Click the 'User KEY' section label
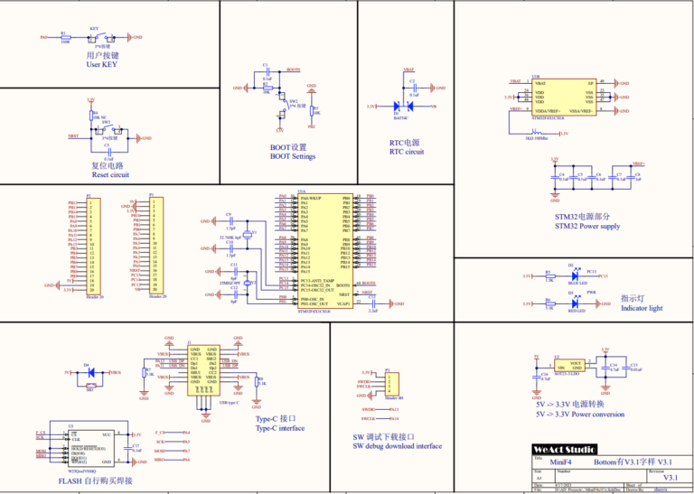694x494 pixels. click(x=102, y=65)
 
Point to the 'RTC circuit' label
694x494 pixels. click(x=407, y=152)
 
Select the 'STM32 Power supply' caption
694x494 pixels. click(x=587, y=226)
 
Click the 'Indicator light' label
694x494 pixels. click(x=642, y=308)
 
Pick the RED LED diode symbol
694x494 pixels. click(x=571, y=303)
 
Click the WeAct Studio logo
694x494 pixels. click(x=564, y=449)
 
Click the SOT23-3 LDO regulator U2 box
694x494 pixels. click(x=569, y=366)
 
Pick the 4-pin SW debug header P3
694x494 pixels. click(x=389, y=383)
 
